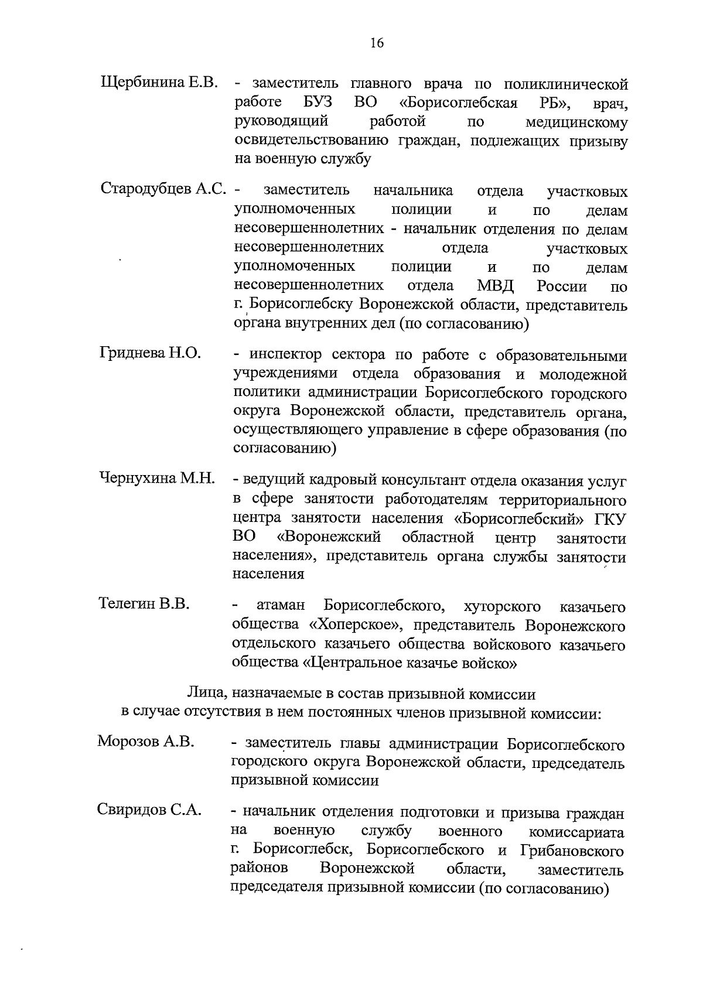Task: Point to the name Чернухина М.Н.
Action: click(157, 478)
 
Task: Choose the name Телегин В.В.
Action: click(144, 603)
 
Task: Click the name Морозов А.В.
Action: click(145, 742)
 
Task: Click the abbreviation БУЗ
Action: click(318, 103)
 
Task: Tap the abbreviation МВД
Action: click(495, 286)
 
